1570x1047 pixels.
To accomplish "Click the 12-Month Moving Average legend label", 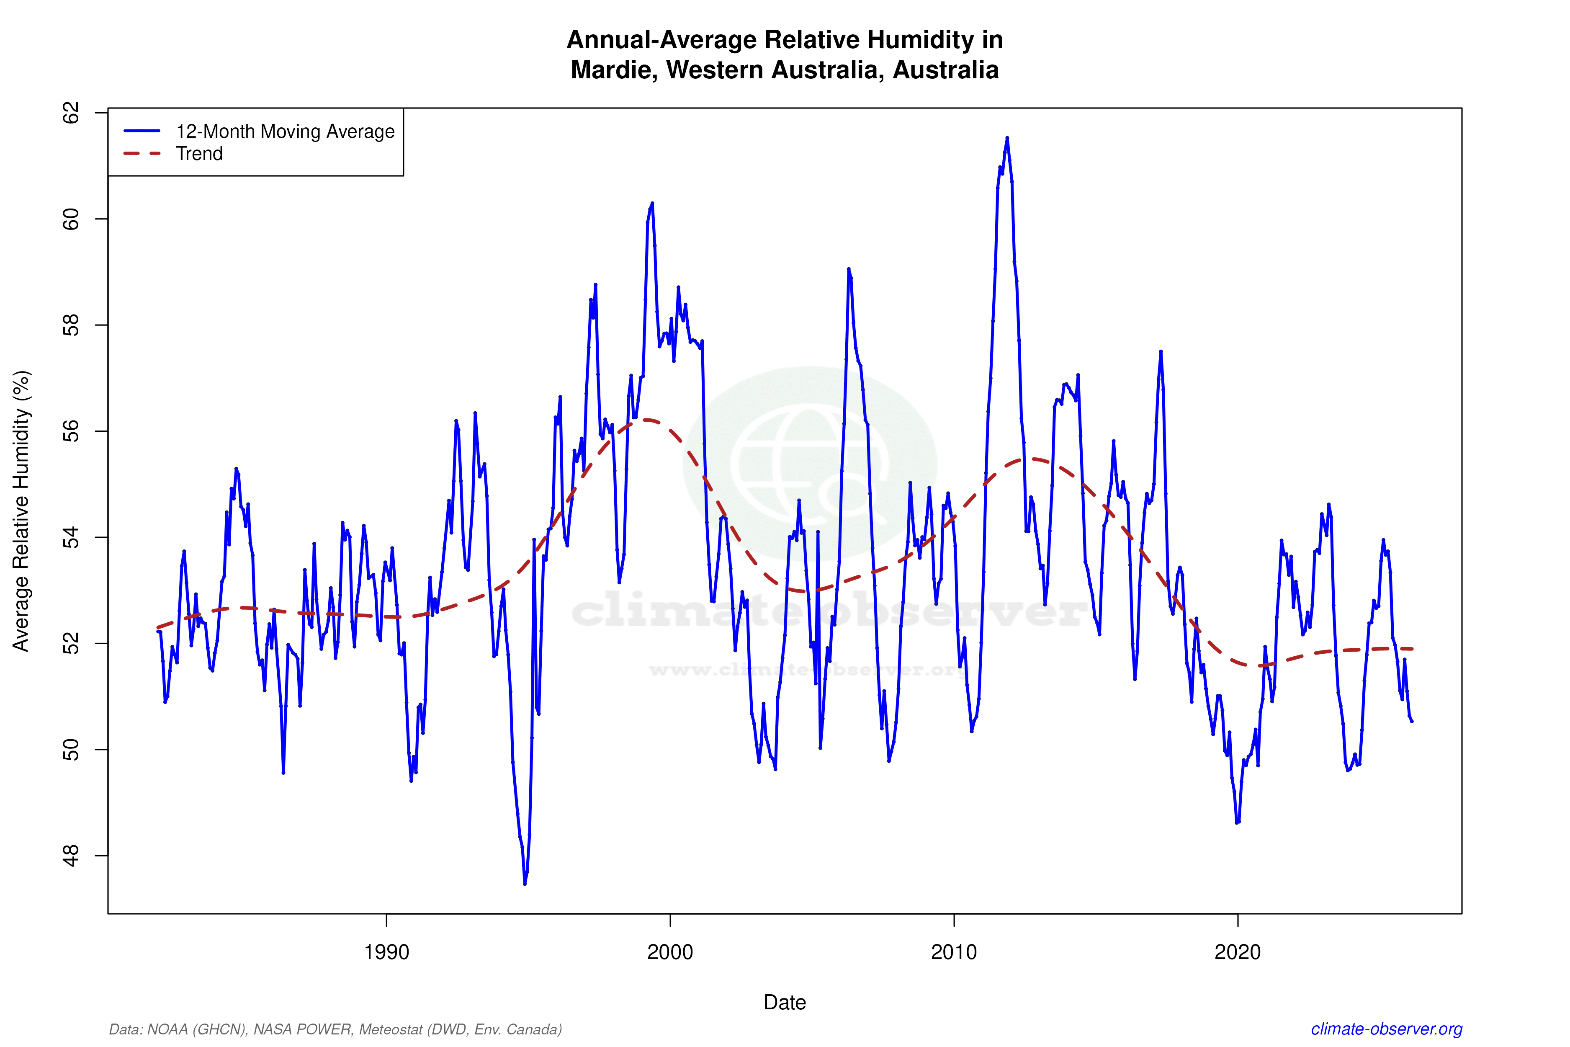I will point(285,132).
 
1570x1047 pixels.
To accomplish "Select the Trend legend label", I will point(199,154).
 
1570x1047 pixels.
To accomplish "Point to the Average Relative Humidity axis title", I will point(21,511).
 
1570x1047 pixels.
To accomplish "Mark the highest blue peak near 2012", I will point(1007,138).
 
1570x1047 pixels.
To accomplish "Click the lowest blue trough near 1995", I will point(525,883).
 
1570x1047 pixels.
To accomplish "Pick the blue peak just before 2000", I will point(652,203).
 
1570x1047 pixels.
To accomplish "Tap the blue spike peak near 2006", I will point(848,269).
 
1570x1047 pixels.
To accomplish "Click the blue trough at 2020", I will point(1237,823).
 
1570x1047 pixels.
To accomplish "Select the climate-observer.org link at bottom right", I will point(1387,1029).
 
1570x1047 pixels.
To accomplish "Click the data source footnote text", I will point(335,1029).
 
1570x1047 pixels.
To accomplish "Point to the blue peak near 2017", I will point(1161,351).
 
